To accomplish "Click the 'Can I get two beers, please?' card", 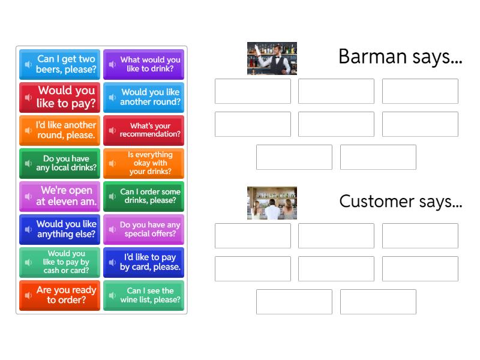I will [59, 64].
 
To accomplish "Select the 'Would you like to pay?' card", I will [59, 97].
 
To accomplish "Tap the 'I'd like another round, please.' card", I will [59, 130].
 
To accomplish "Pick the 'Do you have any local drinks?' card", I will [59, 163].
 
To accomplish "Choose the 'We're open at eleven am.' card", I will [59, 196].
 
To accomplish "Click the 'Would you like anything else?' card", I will [59, 229].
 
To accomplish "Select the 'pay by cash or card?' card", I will [59, 262].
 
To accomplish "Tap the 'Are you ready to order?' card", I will [59, 295].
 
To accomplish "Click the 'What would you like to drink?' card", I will [143, 64].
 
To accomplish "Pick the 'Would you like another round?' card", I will [143, 97].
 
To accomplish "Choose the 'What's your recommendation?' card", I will [143, 130].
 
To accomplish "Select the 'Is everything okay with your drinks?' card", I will [143, 163].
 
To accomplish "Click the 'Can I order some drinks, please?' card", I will [143, 196].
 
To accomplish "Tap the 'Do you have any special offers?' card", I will [143, 229].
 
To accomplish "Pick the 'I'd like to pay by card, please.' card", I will [143, 262].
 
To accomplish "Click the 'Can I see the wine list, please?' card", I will [143, 295].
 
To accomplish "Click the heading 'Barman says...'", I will [400, 56].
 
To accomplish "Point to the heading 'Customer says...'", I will [400, 201].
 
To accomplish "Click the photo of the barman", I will [272, 58].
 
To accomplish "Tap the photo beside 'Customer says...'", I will [272, 203].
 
